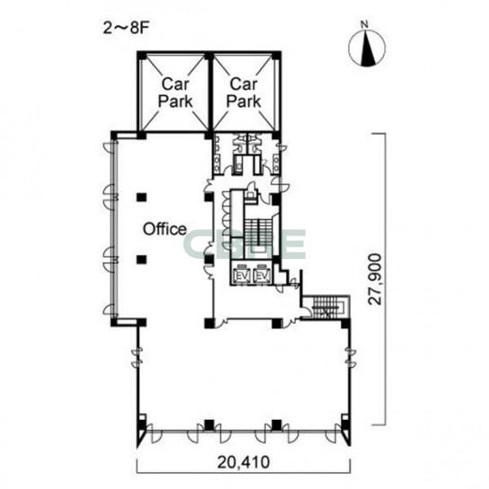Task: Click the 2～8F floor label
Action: tap(127, 29)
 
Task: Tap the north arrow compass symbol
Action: tap(367, 49)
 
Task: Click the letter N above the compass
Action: tap(364, 24)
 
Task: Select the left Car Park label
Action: tap(175, 93)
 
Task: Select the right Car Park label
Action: tap(244, 93)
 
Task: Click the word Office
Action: tap(164, 229)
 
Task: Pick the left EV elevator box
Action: tap(242, 275)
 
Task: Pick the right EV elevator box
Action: tap(262, 275)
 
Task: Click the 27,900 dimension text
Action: tap(375, 280)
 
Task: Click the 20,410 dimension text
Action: tap(244, 462)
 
